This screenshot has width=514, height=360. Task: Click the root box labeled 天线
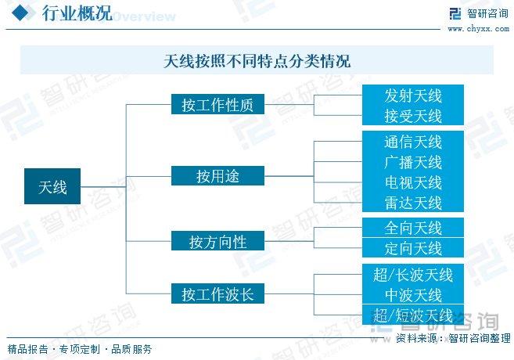[52, 186]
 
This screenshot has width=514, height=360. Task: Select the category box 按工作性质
[217, 104]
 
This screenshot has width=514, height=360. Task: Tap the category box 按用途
[217, 176]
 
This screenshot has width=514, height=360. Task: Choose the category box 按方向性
[217, 241]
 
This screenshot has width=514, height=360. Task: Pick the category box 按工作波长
[217, 293]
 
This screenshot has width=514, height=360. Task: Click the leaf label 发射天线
[413, 95]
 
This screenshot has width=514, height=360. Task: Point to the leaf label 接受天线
[413, 116]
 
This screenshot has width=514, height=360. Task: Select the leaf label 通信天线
[413, 142]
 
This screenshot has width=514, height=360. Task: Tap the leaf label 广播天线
[413, 162]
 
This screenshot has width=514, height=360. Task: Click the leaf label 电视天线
[413, 182]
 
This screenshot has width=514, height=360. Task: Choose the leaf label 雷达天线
[413, 203]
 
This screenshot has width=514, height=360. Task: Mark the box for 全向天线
[413, 227]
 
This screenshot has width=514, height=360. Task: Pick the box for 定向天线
[413, 247]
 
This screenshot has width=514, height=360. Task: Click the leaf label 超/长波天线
[413, 275]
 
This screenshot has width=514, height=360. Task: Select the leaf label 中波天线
[413, 295]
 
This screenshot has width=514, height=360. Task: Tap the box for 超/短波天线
[413, 315]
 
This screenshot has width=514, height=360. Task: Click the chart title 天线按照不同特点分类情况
[257, 61]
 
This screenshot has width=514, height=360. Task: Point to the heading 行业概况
[77, 13]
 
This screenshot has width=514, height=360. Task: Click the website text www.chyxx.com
[479, 29]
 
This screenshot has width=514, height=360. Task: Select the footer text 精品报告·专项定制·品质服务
[80, 349]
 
